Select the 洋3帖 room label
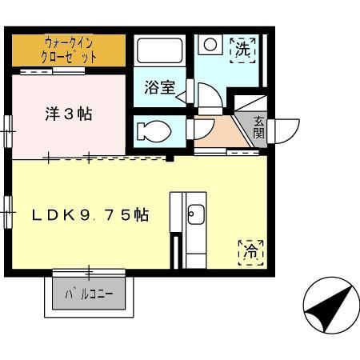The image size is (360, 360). (x=67, y=114)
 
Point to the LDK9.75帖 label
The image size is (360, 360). (x=90, y=214)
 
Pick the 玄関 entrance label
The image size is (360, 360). (x=260, y=128)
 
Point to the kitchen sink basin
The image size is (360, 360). (x=195, y=214)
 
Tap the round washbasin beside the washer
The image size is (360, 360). (x=210, y=44)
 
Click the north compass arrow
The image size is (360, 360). (x=328, y=309)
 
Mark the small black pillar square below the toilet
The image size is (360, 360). (x=169, y=157)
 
